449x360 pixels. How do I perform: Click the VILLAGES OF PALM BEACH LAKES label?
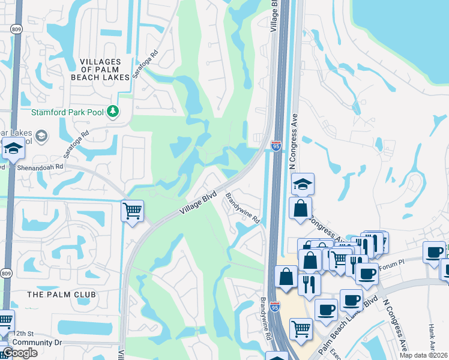100,70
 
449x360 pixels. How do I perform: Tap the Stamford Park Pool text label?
66,112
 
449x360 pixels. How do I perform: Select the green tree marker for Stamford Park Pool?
112,111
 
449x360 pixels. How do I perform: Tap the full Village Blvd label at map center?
198,204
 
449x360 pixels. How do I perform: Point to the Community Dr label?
37,343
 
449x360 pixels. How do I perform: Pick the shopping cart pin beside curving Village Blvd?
131,211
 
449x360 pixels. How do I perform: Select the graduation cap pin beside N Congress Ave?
304,184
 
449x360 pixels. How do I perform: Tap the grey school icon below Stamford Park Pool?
40,136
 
